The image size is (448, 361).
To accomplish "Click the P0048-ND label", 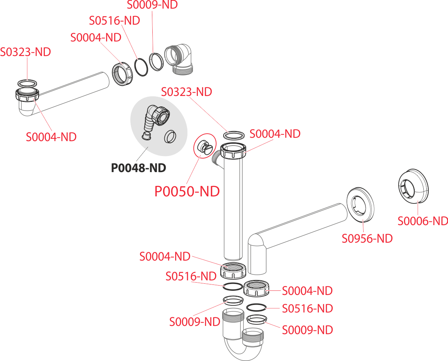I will (138, 168).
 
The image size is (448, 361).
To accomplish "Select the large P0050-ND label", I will (187, 192).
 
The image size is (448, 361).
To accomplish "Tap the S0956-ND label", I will (367, 239).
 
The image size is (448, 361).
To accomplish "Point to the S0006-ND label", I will (423, 221).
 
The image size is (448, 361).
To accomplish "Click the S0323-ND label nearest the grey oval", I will (186, 92).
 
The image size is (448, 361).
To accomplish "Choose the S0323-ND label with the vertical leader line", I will (25, 52).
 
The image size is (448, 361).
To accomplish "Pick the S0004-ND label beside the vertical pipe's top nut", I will (275, 134).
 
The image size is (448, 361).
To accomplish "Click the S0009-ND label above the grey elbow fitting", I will (152, 5).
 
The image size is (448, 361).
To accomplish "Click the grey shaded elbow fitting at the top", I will (179, 59).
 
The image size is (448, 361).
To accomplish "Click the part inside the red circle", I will (204, 145).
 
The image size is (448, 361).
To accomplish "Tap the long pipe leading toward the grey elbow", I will (71, 93).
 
